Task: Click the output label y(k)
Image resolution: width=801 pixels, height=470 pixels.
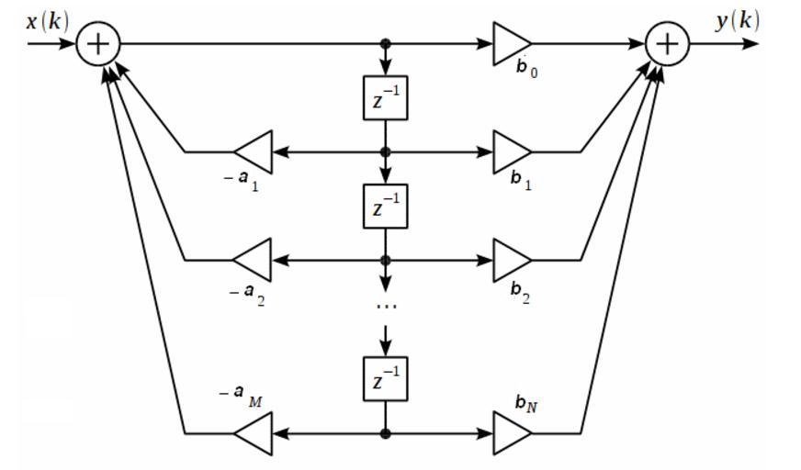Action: pyautogui.click(x=737, y=21)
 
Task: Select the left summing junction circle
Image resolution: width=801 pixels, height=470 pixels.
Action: pyautogui.click(x=96, y=43)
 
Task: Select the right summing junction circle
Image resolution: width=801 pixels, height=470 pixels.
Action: pyautogui.click(x=668, y=43)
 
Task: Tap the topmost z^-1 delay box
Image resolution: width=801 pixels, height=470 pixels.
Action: pyautogui.click(x=385, y=97)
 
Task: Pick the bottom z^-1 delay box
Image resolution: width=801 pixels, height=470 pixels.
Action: pyautogui.click(x=385, y=378)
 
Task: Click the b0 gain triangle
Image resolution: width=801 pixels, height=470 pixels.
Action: pyautogui.click(x=511, y=43)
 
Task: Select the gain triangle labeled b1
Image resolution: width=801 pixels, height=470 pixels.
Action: pyautogui.click(x=511, y=151)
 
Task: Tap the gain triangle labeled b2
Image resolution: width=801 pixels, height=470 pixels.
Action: pyautogui.click(x=511, y=260)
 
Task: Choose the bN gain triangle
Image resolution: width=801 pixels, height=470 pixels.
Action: pyautogui.click(x=511, y=433)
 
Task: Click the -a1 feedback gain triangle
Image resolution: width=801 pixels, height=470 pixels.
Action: pyautogui.click(x=255, y=151)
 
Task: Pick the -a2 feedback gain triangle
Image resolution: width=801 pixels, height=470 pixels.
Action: pyautogui.click(x=255, y=260)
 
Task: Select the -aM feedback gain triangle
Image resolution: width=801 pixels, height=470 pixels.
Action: pyautogui.click(x=255, y=433)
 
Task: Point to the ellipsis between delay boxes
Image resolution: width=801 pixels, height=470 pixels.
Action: pyautogui.click(x=386, y=305)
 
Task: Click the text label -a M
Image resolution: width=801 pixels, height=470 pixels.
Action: pyautogui.click(x=241, y=394)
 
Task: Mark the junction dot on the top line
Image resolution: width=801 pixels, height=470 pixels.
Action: pyautogui.click(x=386, y=43)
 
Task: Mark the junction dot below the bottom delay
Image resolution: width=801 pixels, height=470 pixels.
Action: pyautogui.click(x=386, y=433)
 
